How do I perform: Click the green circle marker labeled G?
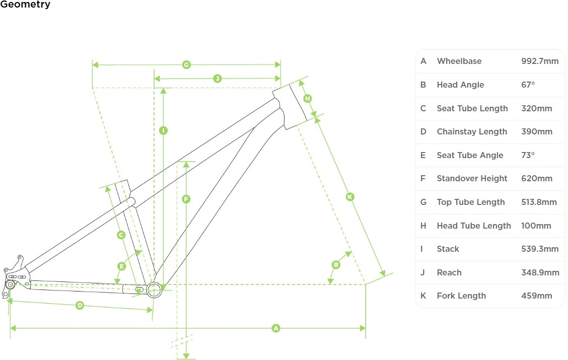186,65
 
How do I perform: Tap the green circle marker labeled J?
217,79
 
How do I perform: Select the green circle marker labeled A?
275,328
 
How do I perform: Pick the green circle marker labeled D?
80,305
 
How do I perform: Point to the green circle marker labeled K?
350,197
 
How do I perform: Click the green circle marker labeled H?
308,98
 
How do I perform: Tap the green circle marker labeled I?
163,130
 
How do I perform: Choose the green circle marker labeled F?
186,199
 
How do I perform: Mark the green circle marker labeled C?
121,235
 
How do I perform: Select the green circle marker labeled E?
121,266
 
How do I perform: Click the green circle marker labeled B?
336,265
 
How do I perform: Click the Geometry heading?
25,5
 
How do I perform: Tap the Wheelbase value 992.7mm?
540,61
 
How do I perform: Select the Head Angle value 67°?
528,85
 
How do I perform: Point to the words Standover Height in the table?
472,179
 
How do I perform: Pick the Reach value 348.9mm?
540,273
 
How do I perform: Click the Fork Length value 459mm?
536,296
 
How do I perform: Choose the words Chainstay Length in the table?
472,132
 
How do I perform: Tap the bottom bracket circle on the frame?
154,289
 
